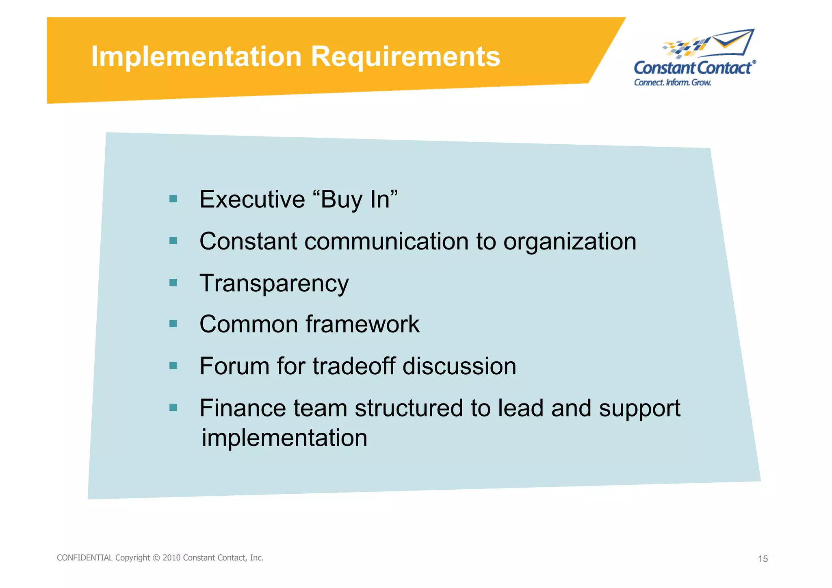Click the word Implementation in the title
coord(196,57)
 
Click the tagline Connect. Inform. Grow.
coord(672,82)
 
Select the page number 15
coord(763,559)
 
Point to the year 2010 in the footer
coord(171,558)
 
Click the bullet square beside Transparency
coord(173,283)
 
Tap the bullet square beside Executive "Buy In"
coord(173,199)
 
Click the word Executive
coord(252,200)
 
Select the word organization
coord(570,242)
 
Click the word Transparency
coord(274,284)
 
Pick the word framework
coord(362,324)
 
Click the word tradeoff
coord(354,366)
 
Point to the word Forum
coord(234,366)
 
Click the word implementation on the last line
coord(284,438)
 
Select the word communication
coord(386,242)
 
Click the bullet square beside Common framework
coord(173,324)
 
